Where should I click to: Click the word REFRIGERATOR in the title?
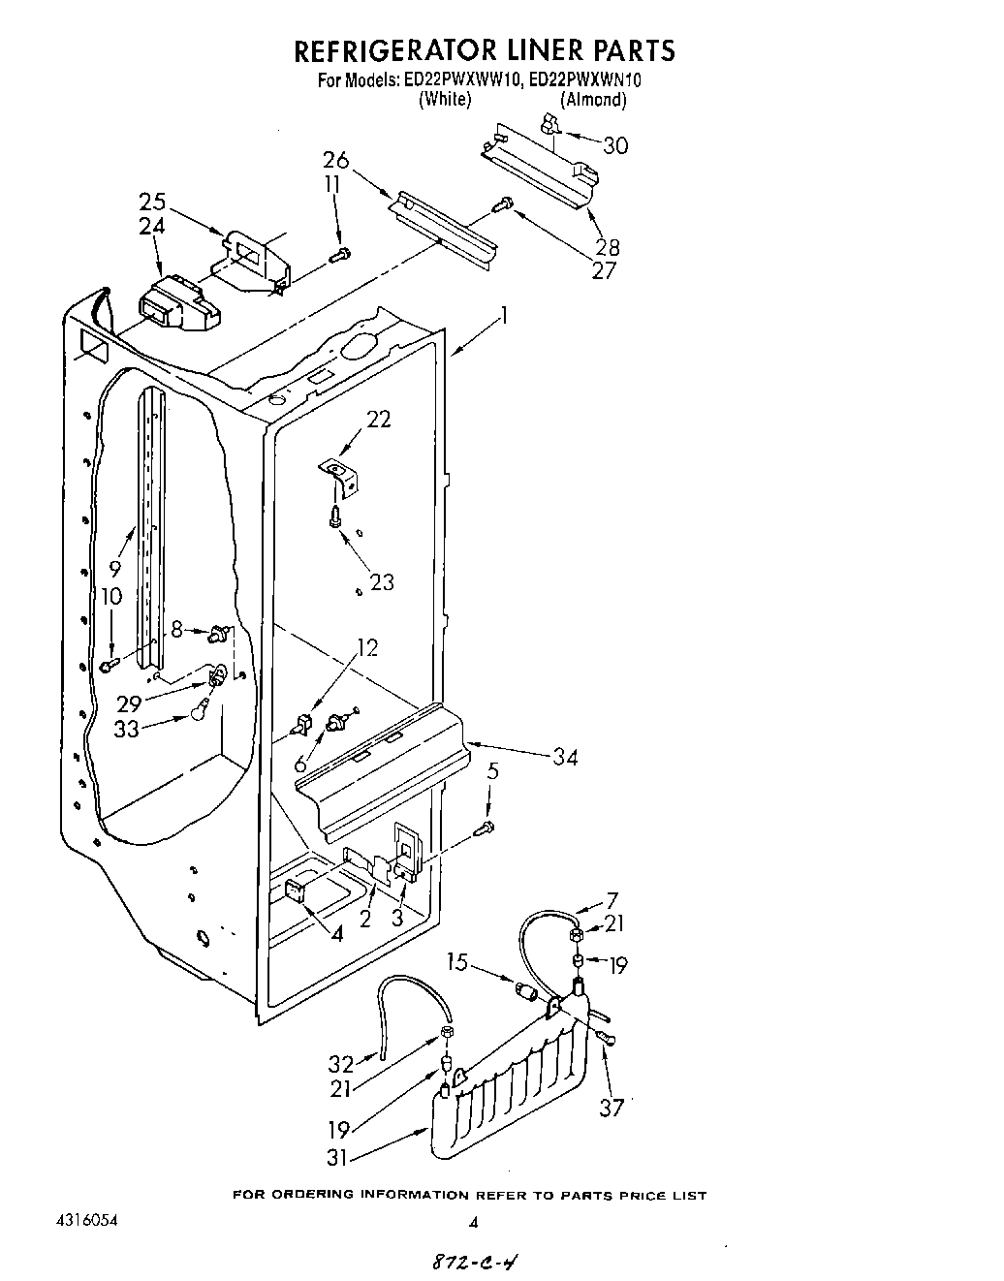pos(391,49)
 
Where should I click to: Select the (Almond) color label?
pos(593,99)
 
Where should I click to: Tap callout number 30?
pos(615,145)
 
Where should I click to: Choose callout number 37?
pos(612,1107)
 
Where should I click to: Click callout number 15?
pos(458,962)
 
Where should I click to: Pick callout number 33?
pos(127,729)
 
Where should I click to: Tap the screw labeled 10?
pos(110,664)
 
